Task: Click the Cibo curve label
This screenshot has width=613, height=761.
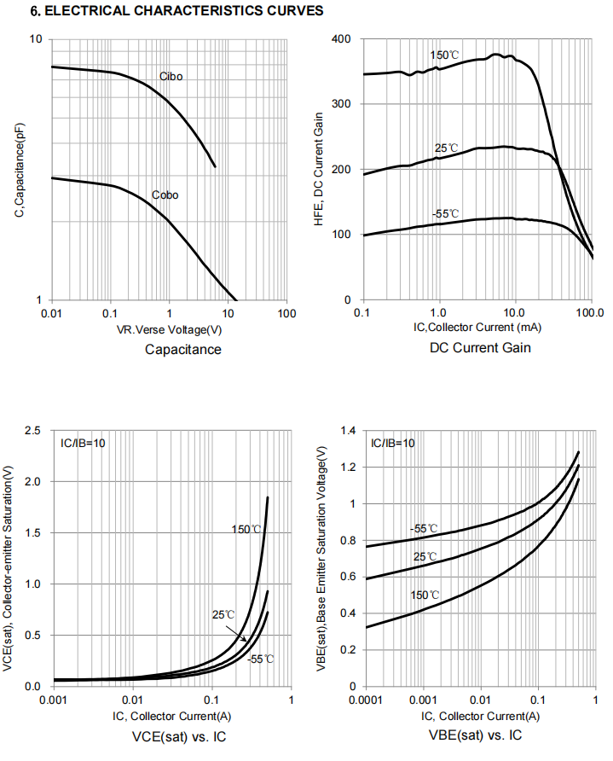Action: pos(171,77)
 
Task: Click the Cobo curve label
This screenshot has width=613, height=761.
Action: pos(165,195)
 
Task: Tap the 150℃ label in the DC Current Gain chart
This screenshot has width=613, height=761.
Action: pos(444,55)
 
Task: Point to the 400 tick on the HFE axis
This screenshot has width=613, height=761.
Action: pos(341,39)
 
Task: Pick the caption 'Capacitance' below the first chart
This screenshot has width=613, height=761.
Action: pos(183,349)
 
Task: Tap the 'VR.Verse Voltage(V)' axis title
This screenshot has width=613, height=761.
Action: pos(168,328)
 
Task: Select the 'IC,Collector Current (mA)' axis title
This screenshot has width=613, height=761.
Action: pos(476,327)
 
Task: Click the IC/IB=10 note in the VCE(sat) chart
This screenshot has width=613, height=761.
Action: pos(83,443)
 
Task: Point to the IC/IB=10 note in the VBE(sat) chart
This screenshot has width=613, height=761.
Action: pos(392,443)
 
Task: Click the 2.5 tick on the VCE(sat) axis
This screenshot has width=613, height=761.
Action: pos(32,431)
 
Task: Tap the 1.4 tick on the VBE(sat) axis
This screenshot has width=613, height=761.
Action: pos(345,431)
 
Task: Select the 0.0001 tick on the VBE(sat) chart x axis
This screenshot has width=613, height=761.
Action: pos(363,700)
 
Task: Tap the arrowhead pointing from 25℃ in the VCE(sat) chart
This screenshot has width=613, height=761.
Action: pos(246,639)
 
